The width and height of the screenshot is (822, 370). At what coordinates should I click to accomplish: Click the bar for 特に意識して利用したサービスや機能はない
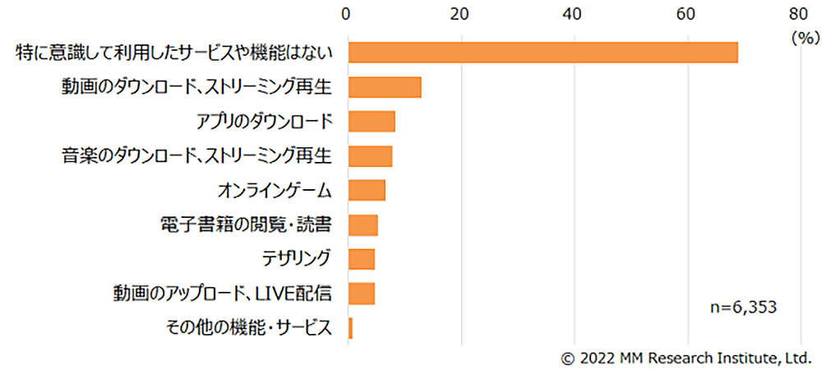click(x=543, y=52)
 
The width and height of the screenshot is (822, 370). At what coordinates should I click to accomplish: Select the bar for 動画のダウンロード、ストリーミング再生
click(x=385, y=86)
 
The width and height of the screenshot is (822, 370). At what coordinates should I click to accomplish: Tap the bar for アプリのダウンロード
click(x=372, y=121)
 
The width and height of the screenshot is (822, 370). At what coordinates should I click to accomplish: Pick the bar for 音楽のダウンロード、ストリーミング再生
click(x=370, y=155)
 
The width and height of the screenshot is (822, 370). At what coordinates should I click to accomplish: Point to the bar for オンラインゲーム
click(x=367, y=190)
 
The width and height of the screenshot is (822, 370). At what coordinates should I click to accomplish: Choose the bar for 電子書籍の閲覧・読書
click(x=363, y=224)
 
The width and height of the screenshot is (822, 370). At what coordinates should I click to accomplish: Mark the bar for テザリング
click(x=362, y=259)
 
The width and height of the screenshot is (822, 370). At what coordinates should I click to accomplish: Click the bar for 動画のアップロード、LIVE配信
click(x=362, y=294)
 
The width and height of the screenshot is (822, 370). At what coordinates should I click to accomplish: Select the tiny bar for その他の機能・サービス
click(x=350, y=328)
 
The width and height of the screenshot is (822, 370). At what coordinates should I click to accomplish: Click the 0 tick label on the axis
click(x=349, y=13)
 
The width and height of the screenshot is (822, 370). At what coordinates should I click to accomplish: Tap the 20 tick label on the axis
click(x=461, y=13)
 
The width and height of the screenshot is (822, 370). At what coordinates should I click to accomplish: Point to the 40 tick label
click(x=574, y=13)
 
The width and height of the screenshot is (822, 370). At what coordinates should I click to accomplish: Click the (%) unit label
click(x=801, y=37)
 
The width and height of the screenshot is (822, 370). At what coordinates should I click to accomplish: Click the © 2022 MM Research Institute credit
click(x=686, y=358)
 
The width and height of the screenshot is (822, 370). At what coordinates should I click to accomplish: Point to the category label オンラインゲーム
click(x=275, y=190)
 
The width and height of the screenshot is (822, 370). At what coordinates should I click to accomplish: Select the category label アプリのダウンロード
click(x=264, y=121)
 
